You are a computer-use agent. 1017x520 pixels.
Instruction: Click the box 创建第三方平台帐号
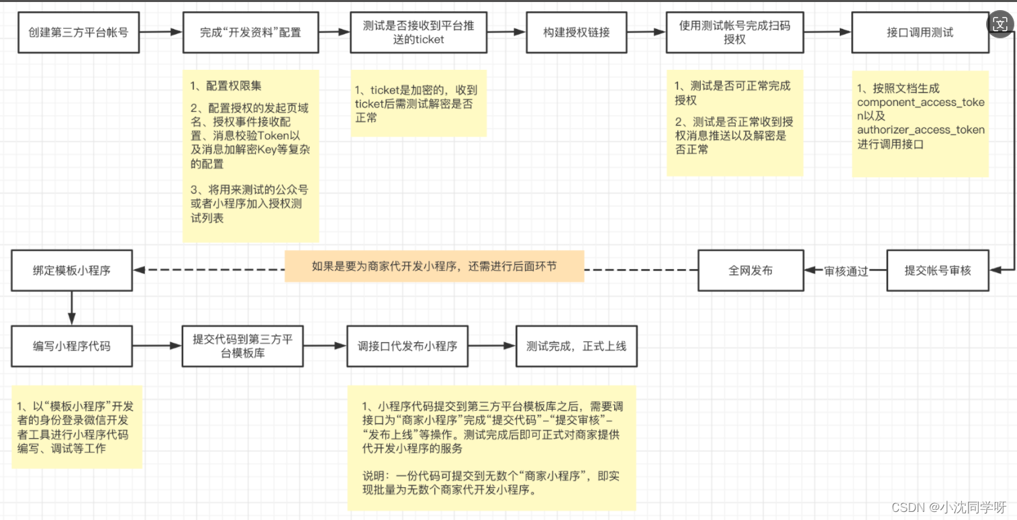pos(79,32)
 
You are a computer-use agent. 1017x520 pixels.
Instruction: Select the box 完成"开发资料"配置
pos(250,32)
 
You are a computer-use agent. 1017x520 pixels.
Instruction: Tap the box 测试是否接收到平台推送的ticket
pos(418,32)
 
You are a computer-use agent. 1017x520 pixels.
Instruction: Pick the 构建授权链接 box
pos(577,32)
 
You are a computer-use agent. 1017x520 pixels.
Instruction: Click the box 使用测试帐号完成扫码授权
pos(734,32)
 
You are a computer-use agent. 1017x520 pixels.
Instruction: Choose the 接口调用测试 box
pos(920,32)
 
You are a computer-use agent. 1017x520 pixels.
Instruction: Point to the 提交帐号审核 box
pos(937,270)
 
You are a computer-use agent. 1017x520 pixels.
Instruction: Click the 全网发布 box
pos(750,270)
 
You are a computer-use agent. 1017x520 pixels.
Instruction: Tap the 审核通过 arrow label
pos(846,271)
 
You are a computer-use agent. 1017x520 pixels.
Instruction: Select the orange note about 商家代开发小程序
pos(434,266)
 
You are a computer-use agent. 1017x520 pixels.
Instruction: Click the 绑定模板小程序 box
pos(72,270)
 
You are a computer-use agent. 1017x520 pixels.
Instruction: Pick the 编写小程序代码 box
pos(72,346)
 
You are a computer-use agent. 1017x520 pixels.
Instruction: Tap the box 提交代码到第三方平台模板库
pos(242,346)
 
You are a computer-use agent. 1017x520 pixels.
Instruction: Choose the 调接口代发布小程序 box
pos(407,346)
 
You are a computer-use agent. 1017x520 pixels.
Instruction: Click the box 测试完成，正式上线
pos(576,346)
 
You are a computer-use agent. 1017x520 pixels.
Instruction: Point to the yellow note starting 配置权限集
pos(250,157)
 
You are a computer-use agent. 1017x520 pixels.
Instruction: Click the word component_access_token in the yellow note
pos(921,103)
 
